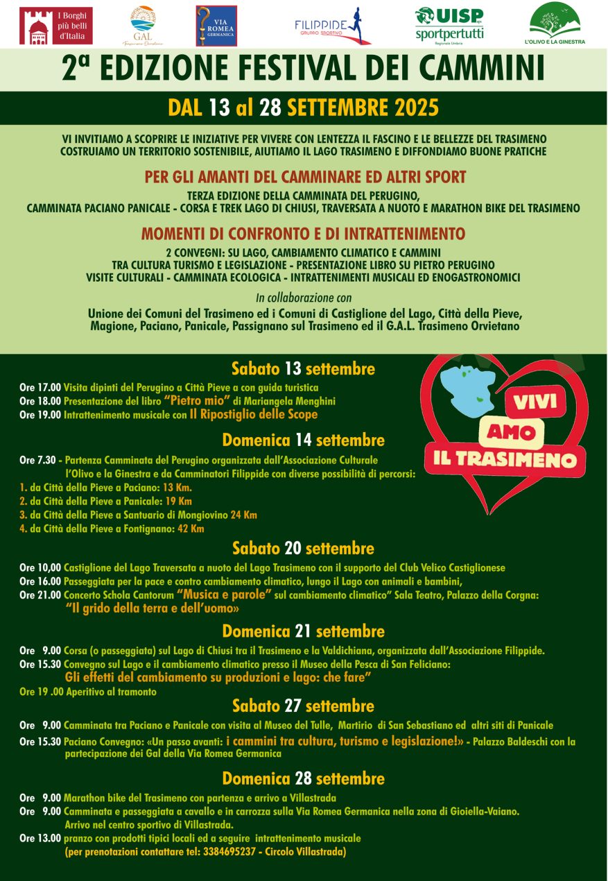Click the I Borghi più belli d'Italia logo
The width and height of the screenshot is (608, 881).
pos(56,26)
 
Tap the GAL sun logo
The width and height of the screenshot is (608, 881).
pos(143,26)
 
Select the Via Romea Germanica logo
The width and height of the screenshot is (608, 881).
pos(216,26)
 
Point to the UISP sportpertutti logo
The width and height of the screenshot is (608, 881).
pos(449,24)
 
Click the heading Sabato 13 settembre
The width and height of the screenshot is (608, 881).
pos(303,368)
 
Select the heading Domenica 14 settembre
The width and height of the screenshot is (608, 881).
pos(303,440)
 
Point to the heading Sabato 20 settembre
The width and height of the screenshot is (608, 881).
pos(303,549)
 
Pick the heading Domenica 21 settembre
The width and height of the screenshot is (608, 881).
pos(303,631)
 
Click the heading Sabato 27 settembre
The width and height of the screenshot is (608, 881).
pos(303,706)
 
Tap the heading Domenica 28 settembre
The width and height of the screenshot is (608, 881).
pos(303,778)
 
